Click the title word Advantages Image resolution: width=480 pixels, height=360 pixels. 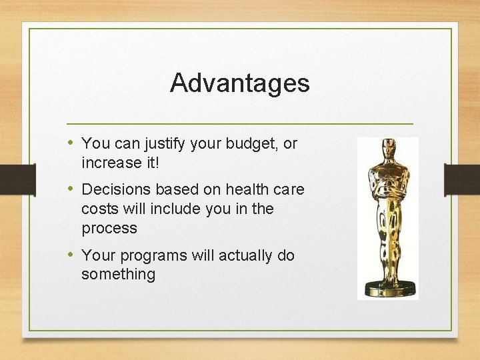240,83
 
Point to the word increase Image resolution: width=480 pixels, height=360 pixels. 109,162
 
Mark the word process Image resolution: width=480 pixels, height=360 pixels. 109,229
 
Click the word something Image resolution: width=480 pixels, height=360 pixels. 118,274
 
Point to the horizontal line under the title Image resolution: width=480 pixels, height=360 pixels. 240,124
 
